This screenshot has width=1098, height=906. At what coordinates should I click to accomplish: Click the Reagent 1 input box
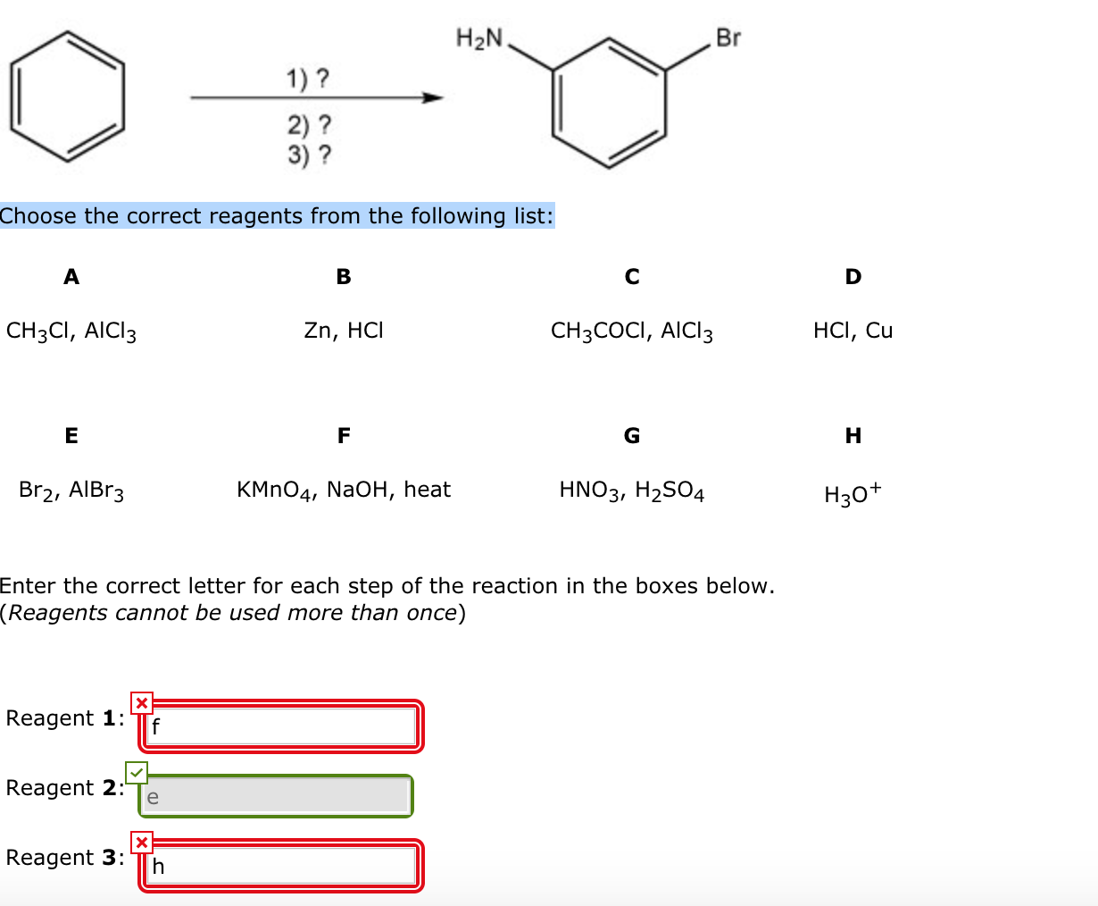pyautogui.click(x=281, y=726)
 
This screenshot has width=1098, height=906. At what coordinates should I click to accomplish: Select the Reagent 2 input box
pyautogui.click(x=275, y=795)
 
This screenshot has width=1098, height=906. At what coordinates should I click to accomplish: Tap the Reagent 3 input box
pyautogui.click(x=281, y=865)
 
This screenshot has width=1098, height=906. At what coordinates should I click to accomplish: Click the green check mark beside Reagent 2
pyautogui.click(x=137, y=772)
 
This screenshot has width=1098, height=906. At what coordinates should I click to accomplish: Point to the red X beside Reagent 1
pyautogui.click(x=141, y=703)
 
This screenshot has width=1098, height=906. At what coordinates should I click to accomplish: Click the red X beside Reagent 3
pyautogui.click(x=141, y=842)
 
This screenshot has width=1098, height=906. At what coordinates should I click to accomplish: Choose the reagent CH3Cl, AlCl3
pyautogui.click(x=71, y=331)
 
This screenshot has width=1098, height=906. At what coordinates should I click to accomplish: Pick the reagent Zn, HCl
pyautogui.click(x=344, y=331)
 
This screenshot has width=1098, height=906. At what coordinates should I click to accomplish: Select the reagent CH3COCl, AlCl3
pyautogui.click(x=632, y=331)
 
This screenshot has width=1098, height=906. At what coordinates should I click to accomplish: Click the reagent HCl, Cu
pyautogui.click(x=853, y=331)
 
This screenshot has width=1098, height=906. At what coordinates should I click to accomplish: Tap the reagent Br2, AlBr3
pyautogui.click(x=71, y=491)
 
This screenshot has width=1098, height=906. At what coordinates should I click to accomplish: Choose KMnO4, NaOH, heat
pyautogui.click(x=344, y=490)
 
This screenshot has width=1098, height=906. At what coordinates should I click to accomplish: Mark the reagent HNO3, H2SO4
pyautogui.click(x=632, y=491)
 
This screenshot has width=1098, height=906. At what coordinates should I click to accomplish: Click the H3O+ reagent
pyautogui.click(x=853, y=492)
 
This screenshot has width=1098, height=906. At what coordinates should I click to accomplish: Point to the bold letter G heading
pyautogui.click(x=632, y=436)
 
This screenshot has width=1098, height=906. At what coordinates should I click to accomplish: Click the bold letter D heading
pyautogui.click(x=853, y=277)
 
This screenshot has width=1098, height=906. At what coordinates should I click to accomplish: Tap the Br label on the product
pyautogui.click(x=728, y=38)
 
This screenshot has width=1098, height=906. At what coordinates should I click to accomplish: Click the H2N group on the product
pyautogui.click(x=479, y=38)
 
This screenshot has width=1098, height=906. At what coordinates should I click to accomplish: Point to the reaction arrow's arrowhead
pyautogui.click(x=433, y=97)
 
